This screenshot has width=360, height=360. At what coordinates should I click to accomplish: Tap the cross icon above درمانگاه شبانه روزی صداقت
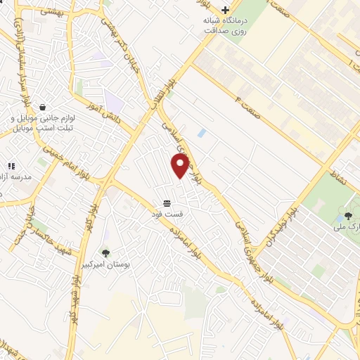pyautogui.click(x=224, y=10)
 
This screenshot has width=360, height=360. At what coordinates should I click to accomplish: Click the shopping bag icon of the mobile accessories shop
pyautogui.click(x=44, y=107)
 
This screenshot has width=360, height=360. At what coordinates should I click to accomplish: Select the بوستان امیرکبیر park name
pyautogui.click(x=105, y=266)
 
